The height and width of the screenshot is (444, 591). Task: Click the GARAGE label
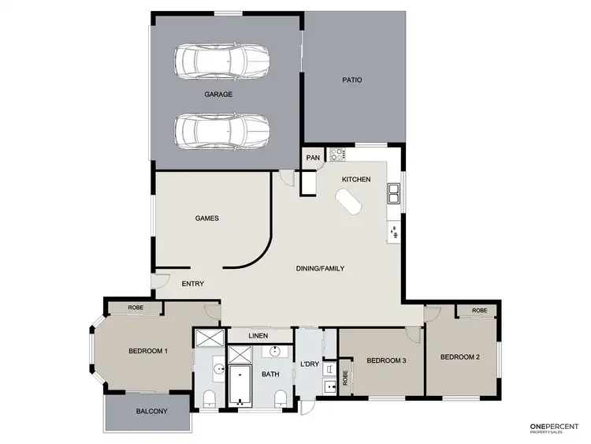point(218,95)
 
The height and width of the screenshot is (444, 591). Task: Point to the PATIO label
point(351,80)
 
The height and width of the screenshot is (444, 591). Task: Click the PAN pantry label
point(313,158)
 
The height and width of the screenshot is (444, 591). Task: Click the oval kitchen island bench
point(348,205)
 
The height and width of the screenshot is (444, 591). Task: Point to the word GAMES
point(206,218)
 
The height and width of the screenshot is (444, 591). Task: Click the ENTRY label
point(193,284)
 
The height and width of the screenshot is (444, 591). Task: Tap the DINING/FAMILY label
point(320,268)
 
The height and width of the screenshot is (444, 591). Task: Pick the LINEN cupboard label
point(258,336)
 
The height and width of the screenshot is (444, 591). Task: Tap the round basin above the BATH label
point(276,352)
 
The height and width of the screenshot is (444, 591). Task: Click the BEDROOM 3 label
point(386,360)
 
